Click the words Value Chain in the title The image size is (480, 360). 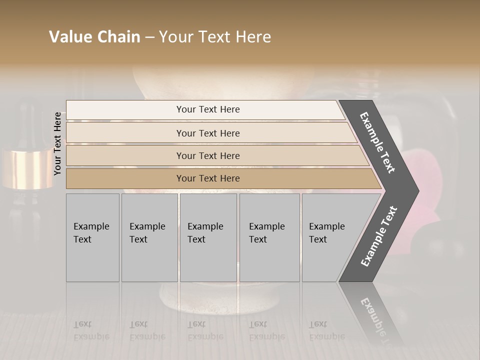tap(94, 37)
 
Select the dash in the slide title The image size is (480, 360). tap(149, 37)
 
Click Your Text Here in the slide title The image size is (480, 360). tap(215, 37)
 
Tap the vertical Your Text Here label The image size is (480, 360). tap(57, 143)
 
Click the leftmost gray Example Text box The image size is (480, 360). tap(92, 237)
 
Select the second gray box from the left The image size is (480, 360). tap(149, 237)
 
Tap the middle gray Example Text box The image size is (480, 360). tap(208, 237)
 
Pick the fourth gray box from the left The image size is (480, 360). tap(269, 237)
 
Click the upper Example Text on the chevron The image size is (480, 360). tap(377, 142)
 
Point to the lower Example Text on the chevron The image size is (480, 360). tap(379, 236)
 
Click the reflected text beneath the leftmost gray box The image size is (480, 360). tap(91, 330)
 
